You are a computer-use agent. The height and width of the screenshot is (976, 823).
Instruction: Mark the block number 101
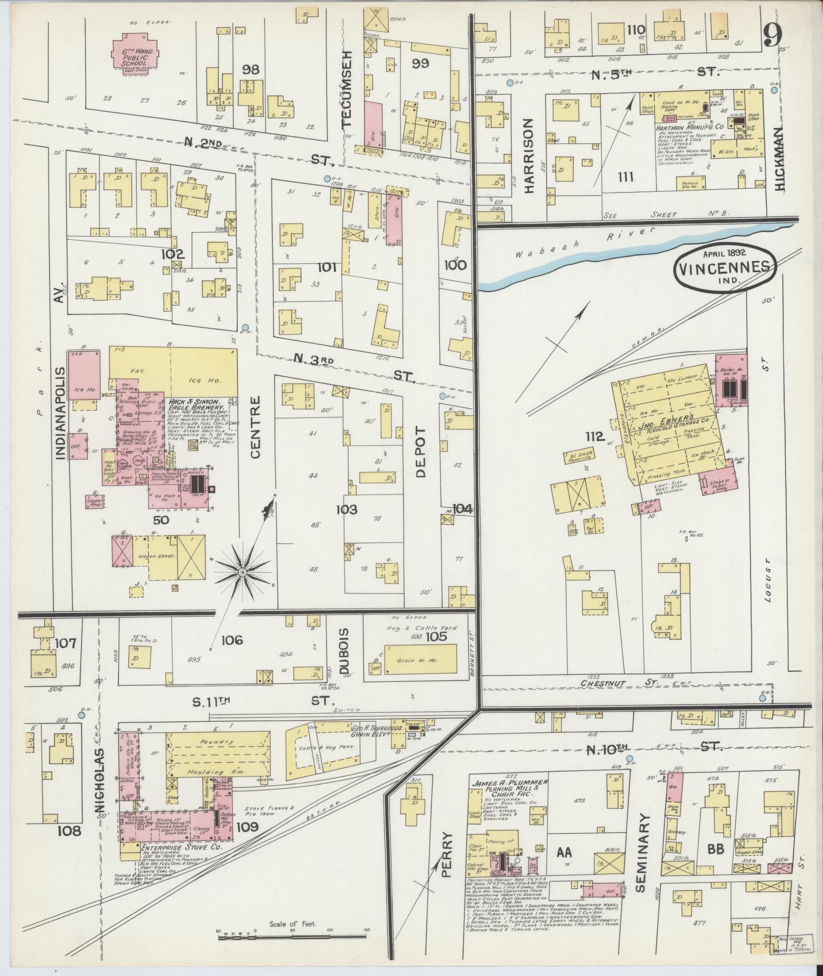point(327,267)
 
